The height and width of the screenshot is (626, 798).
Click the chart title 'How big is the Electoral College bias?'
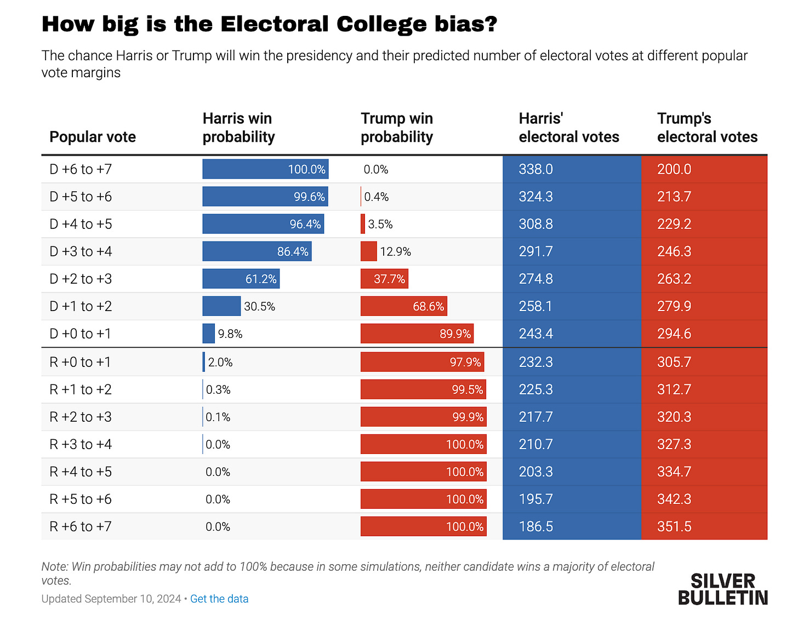coord(269,24)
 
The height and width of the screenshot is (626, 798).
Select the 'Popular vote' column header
coord(93,137)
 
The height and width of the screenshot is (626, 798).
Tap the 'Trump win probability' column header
coord(396,128)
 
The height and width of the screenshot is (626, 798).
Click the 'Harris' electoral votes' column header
coord(568,128)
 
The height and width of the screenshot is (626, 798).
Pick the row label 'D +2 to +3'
coord(81,279)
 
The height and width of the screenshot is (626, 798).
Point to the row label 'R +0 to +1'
coord(80,362)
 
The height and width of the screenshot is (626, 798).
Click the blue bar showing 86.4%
coord(256,251)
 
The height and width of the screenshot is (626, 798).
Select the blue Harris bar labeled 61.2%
coord(241,279)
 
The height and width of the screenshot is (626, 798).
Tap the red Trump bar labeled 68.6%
coord(403,306)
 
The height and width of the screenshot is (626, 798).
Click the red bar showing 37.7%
coord(384,279)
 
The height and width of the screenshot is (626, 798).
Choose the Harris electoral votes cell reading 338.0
coord(536,169)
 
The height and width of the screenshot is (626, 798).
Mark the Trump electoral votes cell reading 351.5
coord(674,526)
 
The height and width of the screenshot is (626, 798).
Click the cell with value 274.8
coord(536,279)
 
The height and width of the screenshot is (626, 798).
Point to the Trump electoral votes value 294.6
coord(674,334)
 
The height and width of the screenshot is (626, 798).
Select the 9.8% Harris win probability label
coord(230,334)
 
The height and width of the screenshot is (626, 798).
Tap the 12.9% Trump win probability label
coord(395,252)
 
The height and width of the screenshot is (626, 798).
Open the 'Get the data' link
coord(219,599)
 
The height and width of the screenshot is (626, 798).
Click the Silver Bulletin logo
coord(723,589)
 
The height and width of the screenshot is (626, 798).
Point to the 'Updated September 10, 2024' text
coord(111,599)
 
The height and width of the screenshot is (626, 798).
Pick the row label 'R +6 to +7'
coord(81,526)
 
